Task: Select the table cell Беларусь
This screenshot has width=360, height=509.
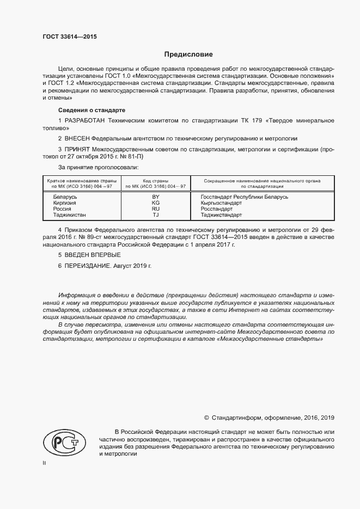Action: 65,197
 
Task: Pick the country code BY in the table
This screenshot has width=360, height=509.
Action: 155,197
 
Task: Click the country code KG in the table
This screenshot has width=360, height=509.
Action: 155,203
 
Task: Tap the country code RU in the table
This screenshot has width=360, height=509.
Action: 155,209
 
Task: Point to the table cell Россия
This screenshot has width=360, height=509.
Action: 62,209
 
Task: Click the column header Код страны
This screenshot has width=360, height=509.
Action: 155,180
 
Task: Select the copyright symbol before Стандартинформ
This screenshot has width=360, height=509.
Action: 206,418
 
